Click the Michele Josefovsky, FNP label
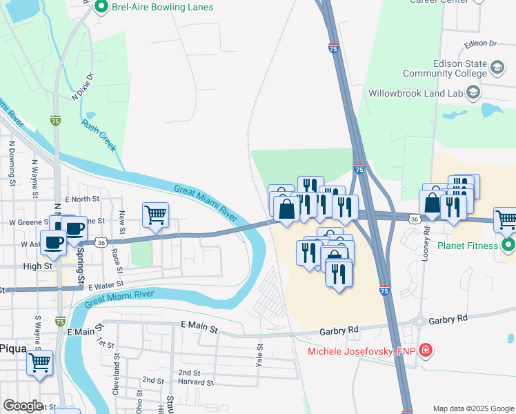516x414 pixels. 361,351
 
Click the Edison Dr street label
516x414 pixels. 481,43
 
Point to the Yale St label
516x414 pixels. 261,355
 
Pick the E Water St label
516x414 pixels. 105,284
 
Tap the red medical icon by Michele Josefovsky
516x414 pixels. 426,351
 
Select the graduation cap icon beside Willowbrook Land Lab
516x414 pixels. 473,92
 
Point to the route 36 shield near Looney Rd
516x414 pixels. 414,219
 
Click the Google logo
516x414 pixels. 23,405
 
